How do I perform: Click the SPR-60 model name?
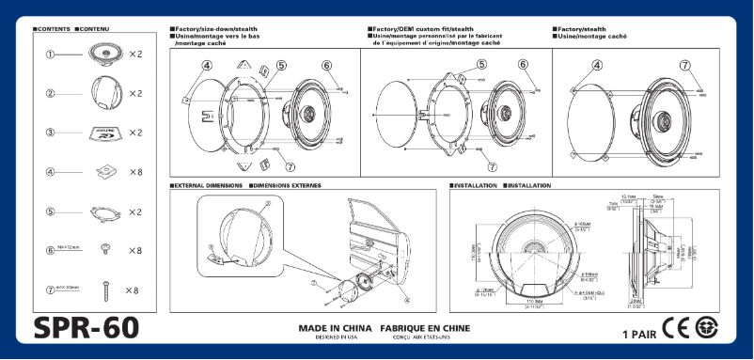click(86, 328)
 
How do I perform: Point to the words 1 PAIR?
click(639, 334)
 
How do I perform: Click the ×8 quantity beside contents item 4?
click(135, 172)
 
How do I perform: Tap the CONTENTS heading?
click(53, 30)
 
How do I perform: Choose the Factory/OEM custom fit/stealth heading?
click(424, 30)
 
